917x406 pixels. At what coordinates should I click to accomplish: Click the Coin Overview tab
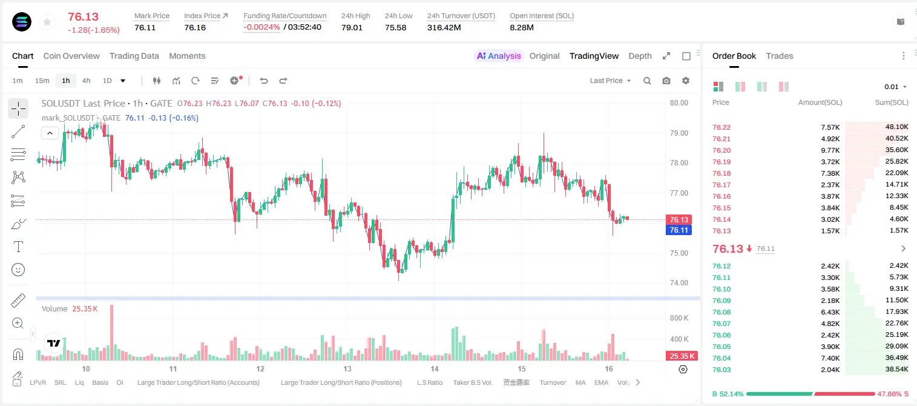(x=71, y=56)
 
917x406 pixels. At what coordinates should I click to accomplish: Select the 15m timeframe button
(x=42, y=81)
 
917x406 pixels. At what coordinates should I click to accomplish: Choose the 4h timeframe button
(x=86, y=81)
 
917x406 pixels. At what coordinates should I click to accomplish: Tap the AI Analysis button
(x=499, y=56)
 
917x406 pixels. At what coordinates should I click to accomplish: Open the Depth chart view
(x=640, y=56)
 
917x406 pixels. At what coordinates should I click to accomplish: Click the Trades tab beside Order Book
(x=780, y=56)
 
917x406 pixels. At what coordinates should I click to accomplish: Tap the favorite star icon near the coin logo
(x=47, y=22)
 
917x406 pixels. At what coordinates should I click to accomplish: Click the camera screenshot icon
(x=666, y=81)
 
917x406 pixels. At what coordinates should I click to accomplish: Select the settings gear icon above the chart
(x=686, y=81)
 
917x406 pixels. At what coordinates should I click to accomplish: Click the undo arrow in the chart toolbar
(x=264, y=81)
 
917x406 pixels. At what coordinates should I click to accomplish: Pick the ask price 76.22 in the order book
(x=721, y=127)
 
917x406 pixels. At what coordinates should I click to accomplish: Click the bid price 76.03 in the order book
(x=721, y=370)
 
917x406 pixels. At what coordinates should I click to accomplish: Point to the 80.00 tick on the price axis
(x=679, y=103)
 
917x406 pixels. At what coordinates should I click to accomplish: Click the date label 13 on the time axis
(x=347, y=368)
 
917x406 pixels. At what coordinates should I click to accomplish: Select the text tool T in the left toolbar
(x=18, y=247)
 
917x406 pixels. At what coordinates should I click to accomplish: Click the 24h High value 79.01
(x=352, y=27)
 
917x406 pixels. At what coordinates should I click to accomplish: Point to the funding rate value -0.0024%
(x=261, y=27)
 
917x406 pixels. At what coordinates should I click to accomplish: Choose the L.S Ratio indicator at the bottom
(x=429, y=382)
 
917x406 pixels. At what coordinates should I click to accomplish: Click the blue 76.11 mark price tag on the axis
(x=679, y=230)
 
